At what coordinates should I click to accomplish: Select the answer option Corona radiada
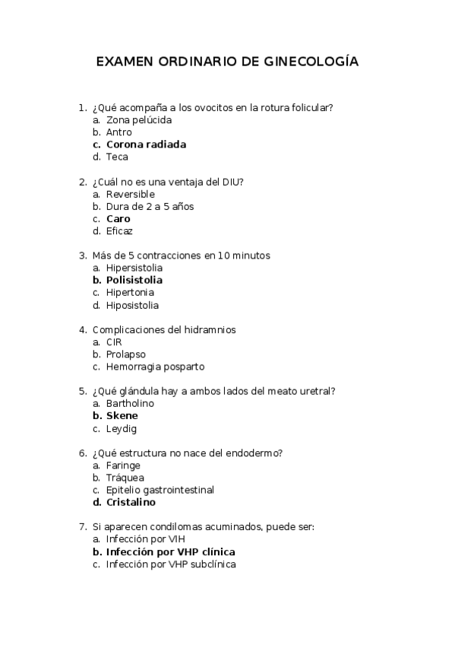(146, 145)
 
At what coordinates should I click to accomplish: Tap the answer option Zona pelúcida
(139, 120)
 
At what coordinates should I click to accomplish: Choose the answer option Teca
(117, 157)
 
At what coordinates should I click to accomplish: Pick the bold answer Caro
(118, 219)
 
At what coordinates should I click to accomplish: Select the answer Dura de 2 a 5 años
(150, 206)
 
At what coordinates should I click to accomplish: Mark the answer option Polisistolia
(134, 281)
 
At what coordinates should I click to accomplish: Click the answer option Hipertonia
(131, 293)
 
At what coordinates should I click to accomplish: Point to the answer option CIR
(114, 342)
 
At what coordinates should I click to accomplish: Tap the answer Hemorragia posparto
(155, 367)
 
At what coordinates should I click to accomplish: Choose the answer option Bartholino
(130, 404)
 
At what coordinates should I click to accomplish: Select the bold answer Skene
(122, 416)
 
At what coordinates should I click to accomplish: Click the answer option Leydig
(121, 428)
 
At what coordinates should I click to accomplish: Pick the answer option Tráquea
(125, 478)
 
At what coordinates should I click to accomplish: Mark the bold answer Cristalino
(131, 503)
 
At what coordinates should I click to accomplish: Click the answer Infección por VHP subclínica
(171, 564)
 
